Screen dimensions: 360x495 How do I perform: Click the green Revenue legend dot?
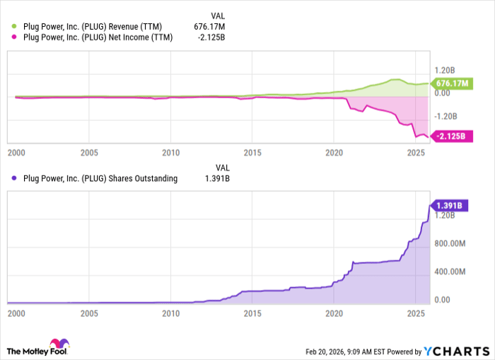tap(13, 25)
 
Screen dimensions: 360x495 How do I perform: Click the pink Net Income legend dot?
tap(13, 37)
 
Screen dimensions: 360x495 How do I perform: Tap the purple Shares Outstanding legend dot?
tap(13, 179)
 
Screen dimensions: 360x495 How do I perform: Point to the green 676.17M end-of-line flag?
tap(449, 83)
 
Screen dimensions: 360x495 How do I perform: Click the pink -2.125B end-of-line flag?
tap(449, 137)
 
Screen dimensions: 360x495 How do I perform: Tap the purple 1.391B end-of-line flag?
tap(449, 205)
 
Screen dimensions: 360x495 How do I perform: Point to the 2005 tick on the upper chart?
tap(88, 152)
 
